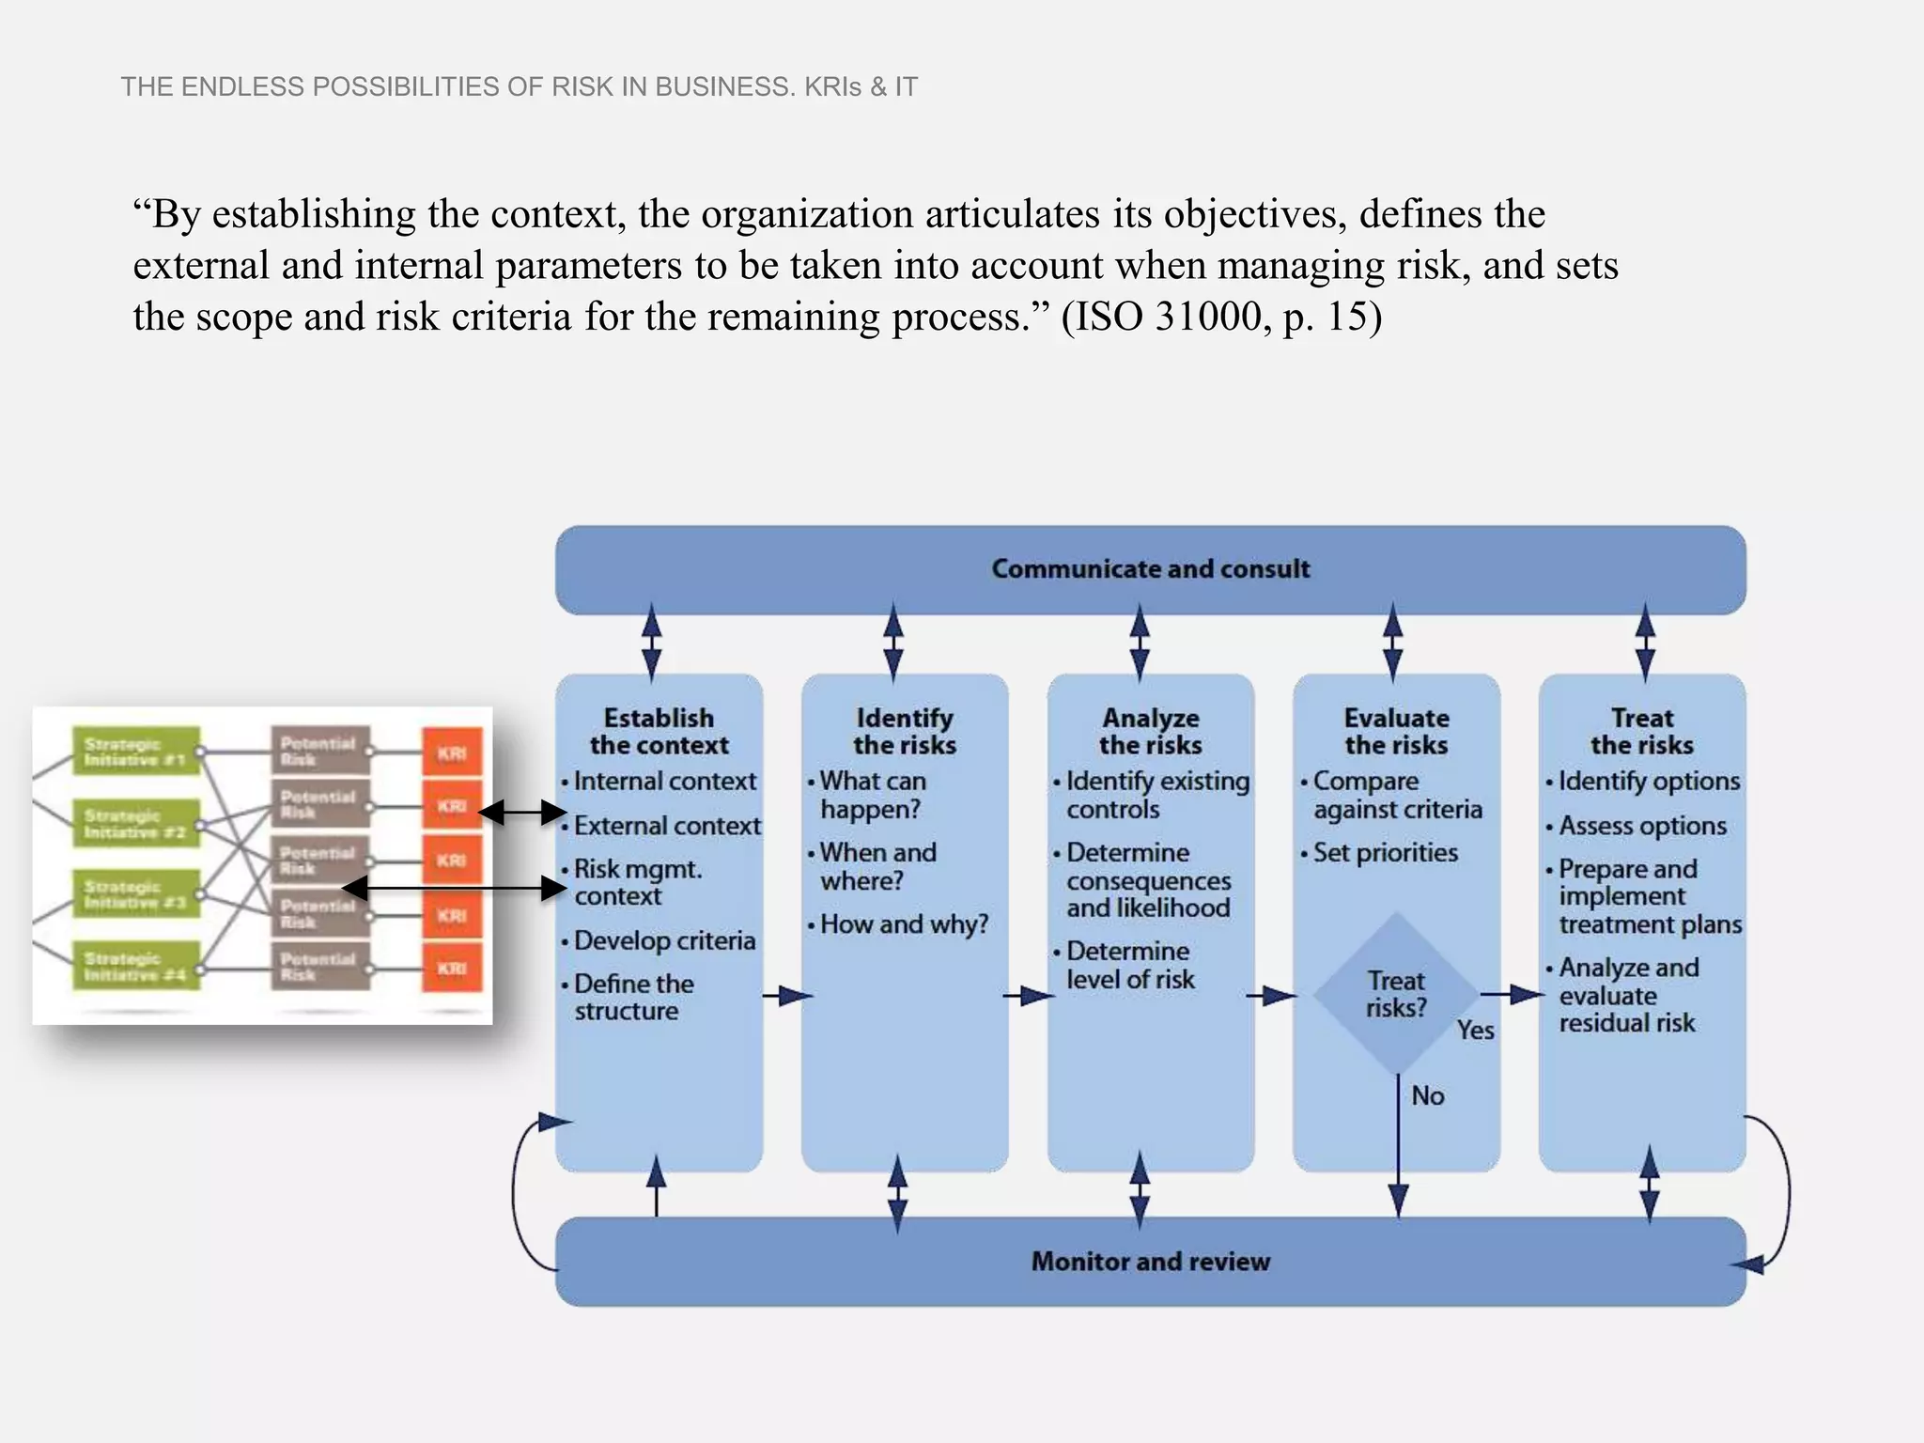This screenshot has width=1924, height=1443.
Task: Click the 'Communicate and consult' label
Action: tap(1150, 569)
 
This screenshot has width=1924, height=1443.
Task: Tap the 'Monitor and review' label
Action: tap(1150, 1262)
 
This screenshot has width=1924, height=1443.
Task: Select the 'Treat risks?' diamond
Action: tap(1396, 994)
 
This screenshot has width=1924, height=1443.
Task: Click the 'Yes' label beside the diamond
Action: tap(1475, 1031)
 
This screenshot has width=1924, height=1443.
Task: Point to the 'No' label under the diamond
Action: tap(1427, 1095)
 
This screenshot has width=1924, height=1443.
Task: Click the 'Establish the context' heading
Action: tap(659, 732)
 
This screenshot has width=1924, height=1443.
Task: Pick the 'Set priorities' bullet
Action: tap(1385, 853)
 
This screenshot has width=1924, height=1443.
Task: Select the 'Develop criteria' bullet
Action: tap(664, 940)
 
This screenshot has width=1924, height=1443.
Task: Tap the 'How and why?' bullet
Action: tap(904, 924)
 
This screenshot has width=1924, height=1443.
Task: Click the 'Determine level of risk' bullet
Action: tap(1129, 966)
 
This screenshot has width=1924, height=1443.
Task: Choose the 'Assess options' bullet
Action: tap(1642, 826)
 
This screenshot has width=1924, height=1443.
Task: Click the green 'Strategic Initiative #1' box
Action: tap(136, 752)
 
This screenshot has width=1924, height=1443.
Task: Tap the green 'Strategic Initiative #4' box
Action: tap(136, 966)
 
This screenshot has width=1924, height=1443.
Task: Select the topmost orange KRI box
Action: tap(452, 753)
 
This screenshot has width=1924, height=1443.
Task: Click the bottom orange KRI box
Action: tap(452, 968)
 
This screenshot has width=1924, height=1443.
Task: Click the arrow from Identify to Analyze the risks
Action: tap(1029, 995)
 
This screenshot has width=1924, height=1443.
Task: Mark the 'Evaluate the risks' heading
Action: tap(1396, 732)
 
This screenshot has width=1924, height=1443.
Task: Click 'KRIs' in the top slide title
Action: tap(832, 87)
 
